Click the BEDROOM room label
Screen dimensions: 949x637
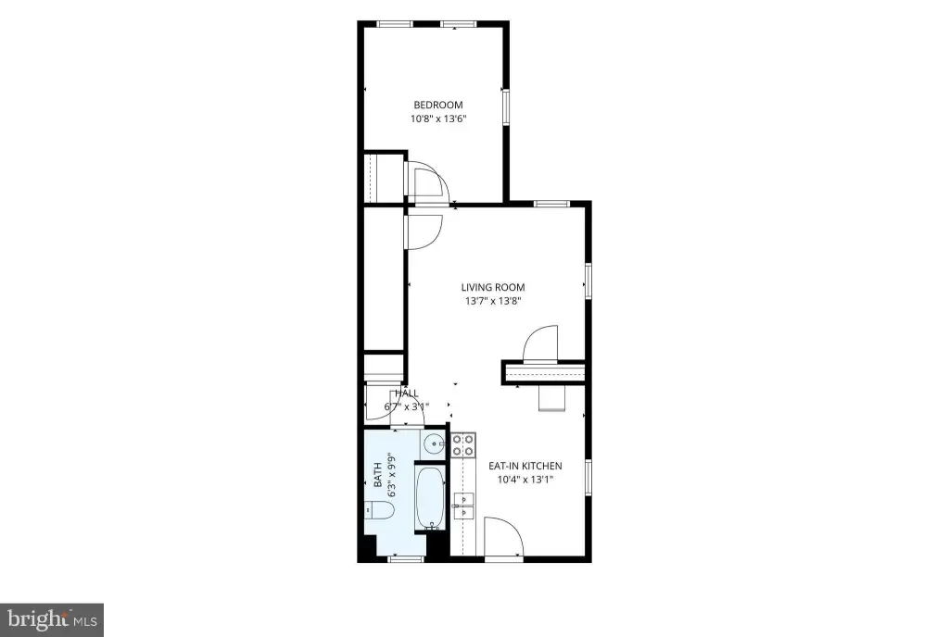point(438,105)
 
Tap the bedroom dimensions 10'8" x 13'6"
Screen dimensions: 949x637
point(438,119)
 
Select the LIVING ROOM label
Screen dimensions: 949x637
point(493,288)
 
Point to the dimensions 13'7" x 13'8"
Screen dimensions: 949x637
point(493,301)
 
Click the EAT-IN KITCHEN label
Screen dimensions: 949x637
point(525,466)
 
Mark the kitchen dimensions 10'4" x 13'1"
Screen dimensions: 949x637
point(525,480)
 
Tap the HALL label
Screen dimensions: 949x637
point(407,393)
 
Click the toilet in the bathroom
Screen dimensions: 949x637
point(379,511)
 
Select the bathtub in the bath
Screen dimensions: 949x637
point(430,497)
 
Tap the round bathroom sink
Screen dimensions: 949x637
point(434,445)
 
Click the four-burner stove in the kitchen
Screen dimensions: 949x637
point(463,444)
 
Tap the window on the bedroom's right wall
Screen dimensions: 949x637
point(505,108)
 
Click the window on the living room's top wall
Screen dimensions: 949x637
point(551,204)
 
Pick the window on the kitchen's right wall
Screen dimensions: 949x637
point(588,478)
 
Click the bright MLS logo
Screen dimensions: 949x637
point(52,619)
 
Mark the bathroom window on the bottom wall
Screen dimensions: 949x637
point(406,559)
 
